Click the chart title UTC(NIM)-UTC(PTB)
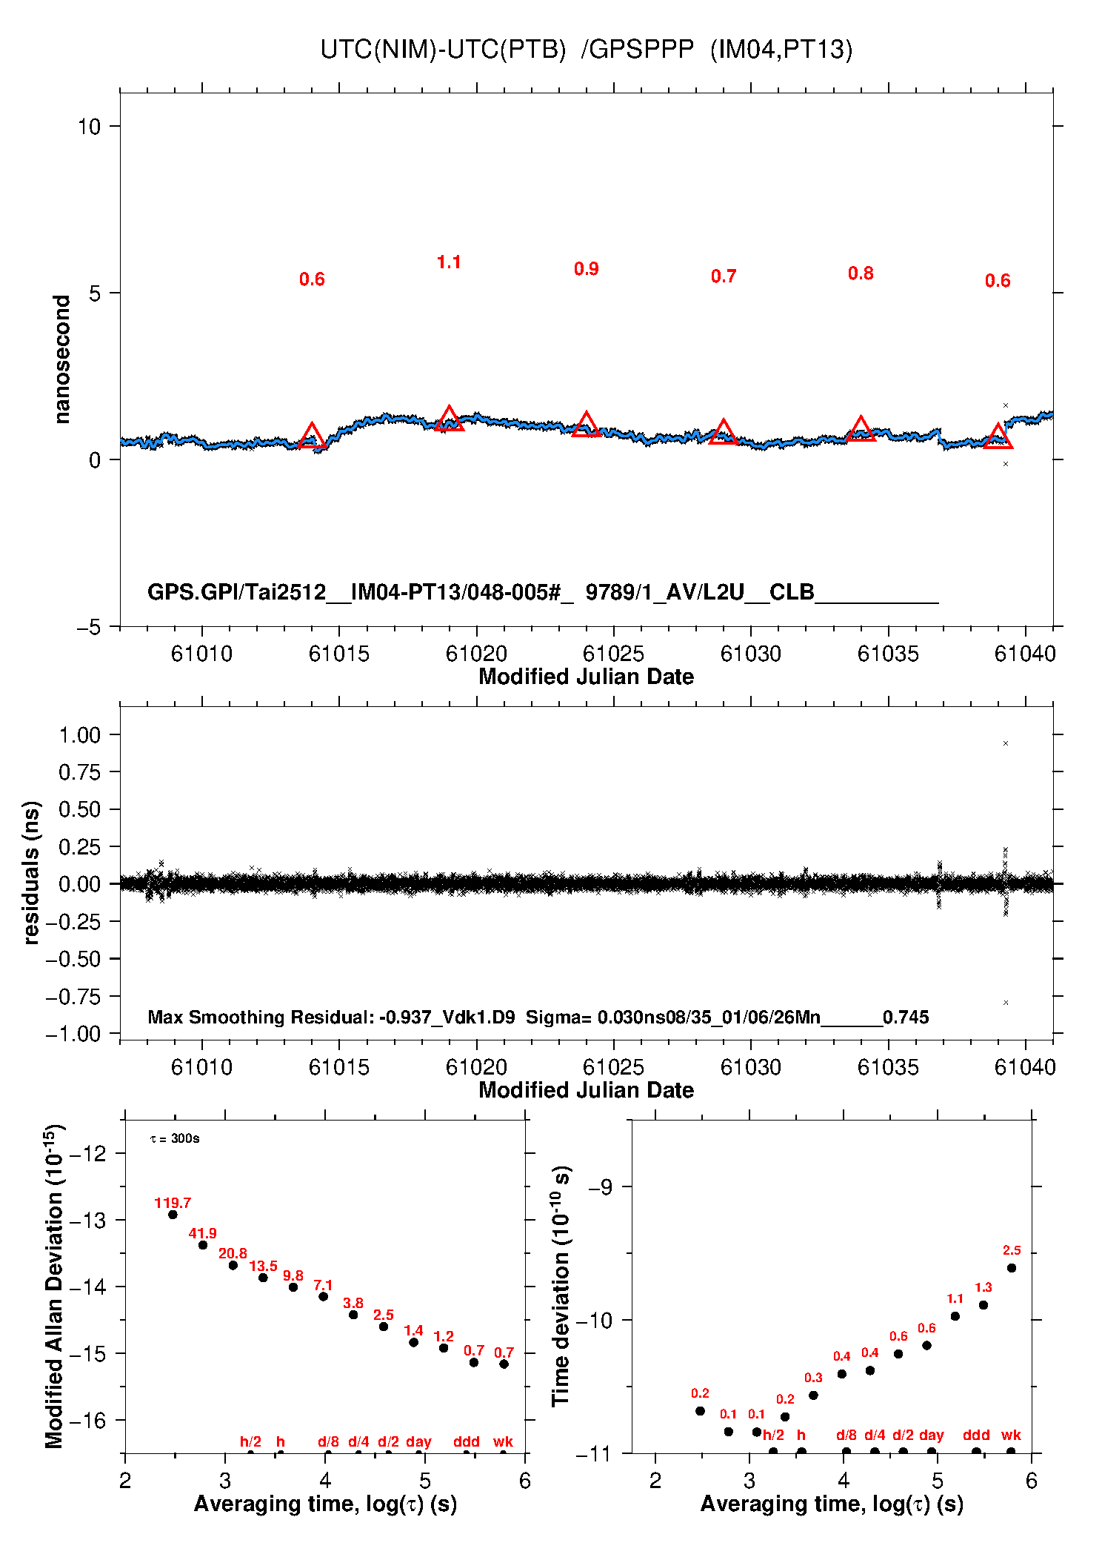tap(443, 50)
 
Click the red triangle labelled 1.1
tap(449, 419)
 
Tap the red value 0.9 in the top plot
tap(586, 269)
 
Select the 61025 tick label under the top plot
tap(613, 654)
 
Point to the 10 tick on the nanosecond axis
tap(89, 127)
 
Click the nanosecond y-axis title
tap(62, 359)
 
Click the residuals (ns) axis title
tap(31, 872)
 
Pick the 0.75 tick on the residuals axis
tap(79, 772)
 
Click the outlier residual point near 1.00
tap(1005, 743)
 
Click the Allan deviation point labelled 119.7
tap(173, 1215)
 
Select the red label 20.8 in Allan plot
tap(233, 1253)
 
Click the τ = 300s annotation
tap(175, 1138)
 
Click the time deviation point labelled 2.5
tap(1012, 1268)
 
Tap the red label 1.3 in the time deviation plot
tap(983, 1287)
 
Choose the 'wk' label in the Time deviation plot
tap(1011, 1435)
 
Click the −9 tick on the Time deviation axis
tap(599, 1187)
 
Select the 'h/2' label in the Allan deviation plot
tap(250, 1441)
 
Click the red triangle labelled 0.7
tap(723, 433)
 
